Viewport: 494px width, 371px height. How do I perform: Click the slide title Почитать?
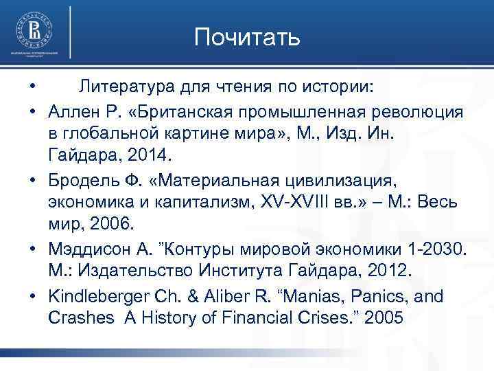247,37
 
